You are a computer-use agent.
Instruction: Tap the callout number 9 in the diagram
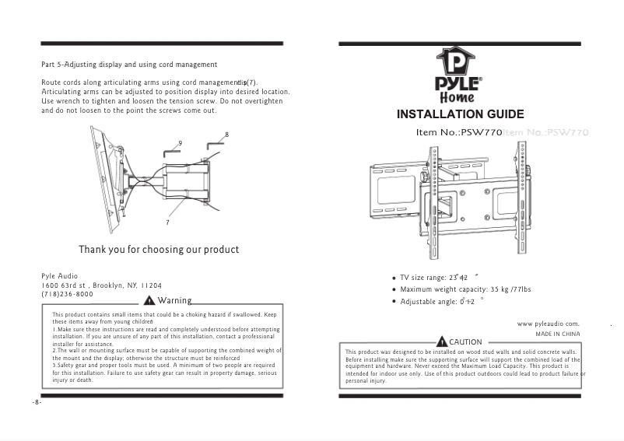[x=181, y=143]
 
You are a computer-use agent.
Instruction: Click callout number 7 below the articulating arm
[x=168, y=223]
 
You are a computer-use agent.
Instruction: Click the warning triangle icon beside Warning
[x=149, y=302]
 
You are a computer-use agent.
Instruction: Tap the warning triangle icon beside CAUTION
[x=442, y=342]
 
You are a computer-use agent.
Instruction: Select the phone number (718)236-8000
[x=67, y=295]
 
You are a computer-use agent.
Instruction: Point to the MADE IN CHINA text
[x=559, y=334]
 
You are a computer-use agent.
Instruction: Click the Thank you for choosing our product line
[x=158, y=250]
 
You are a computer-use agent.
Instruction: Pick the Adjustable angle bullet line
[x=436, y=302]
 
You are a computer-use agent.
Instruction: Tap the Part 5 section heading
[x=128, y=63]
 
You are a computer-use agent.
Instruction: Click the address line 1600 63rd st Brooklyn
[x=101, y=285]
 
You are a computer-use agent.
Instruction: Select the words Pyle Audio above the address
[x=59, y=276]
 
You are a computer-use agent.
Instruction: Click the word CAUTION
[x=466, y=342]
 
